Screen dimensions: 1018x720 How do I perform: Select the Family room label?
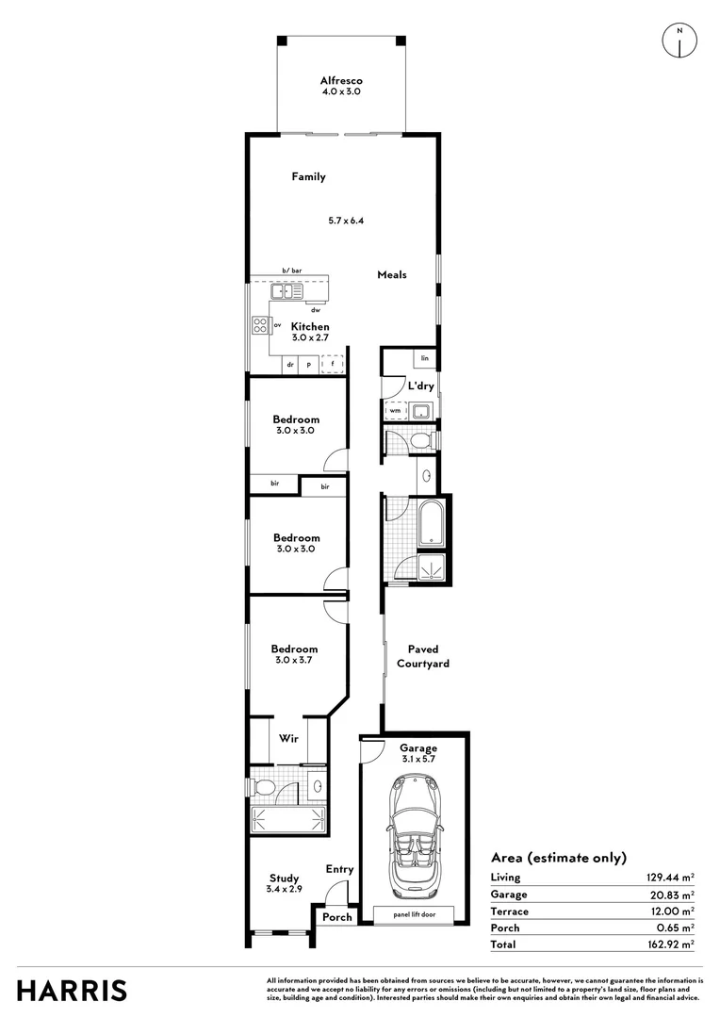click(308, 176)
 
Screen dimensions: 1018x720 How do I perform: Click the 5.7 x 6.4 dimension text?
click(346, 221)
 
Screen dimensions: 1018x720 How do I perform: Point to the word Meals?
click(391, 274)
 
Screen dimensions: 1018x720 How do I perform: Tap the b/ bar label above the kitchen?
click(291, 271)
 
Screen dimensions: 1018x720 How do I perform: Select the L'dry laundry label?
click(420, 386)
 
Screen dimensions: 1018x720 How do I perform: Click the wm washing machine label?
click(394, 411)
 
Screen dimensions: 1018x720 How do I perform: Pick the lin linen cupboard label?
click(425, 359)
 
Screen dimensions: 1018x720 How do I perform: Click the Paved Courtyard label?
click(428, 656)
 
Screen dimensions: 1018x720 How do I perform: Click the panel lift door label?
click(414, 913)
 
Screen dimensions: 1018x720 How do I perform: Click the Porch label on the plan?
click(336, 917)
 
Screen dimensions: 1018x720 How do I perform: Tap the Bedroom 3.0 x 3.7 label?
click(294, 654)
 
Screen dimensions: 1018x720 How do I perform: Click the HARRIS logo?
click(73, 991)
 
